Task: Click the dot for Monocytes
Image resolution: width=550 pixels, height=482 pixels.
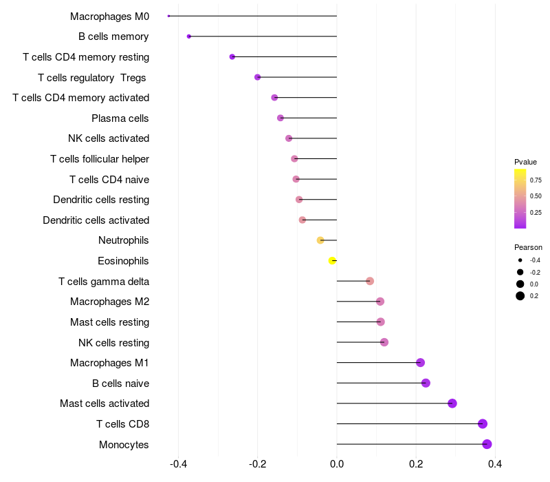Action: point(487,444)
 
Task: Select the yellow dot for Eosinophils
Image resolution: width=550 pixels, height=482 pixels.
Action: point(332,260)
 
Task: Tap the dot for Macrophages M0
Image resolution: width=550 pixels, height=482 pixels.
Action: point(168,16)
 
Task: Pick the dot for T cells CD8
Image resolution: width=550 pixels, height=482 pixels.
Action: point(483,423)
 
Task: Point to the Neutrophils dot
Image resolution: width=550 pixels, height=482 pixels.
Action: point(320,240)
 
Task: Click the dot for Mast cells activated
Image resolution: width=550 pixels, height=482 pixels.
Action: point(452,404)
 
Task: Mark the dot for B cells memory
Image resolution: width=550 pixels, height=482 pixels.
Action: point(189,36)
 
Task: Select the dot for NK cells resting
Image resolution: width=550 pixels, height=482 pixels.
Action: point(384,342)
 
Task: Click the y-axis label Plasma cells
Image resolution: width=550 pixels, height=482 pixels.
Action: point(120,118)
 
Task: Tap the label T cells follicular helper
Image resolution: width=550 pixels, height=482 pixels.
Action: point(100,159)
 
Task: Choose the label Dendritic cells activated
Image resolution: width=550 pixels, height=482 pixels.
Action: point(96,220)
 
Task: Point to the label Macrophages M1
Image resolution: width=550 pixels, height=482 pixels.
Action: point(109,363)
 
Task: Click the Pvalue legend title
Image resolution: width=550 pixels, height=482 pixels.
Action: point(525,162)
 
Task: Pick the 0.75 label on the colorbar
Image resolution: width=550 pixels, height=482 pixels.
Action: point(536,180)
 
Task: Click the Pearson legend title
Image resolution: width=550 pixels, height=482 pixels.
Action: point(528,247)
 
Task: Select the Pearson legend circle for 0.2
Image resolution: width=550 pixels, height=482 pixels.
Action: point(520,296)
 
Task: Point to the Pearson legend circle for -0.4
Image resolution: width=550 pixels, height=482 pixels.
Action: point(520,260)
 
